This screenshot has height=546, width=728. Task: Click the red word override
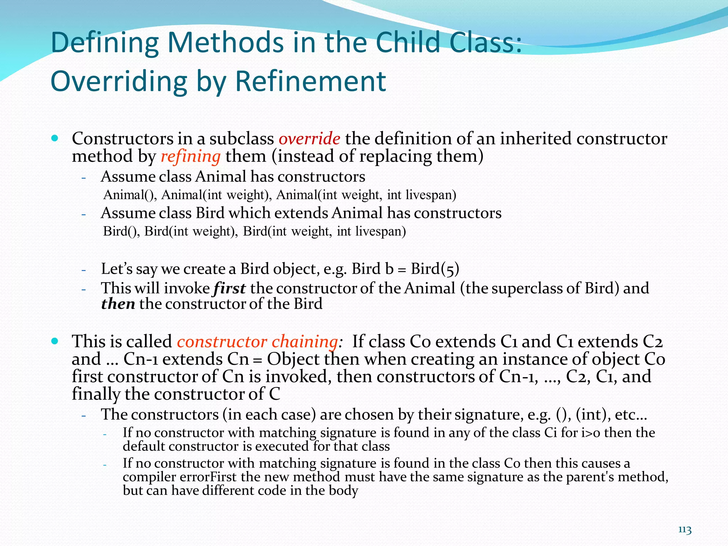click(309, 139)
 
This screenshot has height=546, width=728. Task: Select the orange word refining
click(191, 157)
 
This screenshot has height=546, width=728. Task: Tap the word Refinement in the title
click(310, 81)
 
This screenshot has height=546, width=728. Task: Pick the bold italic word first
click(229, 288)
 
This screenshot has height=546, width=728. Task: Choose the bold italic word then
click(118, 304)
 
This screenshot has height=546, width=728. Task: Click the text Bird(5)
click(435, 269)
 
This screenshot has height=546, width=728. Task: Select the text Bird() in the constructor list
click(122, 231)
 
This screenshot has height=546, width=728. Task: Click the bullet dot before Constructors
click(54, 138)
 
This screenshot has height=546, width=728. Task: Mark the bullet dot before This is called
click(54, 341)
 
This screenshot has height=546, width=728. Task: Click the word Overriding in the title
click(119, 81)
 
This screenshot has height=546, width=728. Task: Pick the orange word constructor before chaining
click(222, 342)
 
